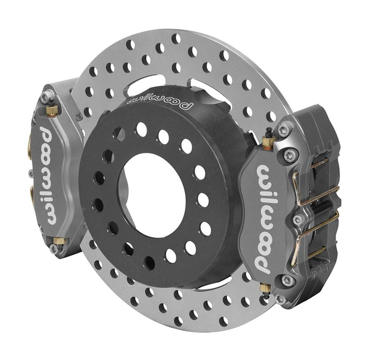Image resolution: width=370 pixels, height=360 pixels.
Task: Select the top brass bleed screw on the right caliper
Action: pos(267,140)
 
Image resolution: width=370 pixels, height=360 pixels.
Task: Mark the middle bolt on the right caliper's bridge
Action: pos(298,220)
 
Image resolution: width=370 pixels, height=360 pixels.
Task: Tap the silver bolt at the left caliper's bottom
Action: pos(53,249)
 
